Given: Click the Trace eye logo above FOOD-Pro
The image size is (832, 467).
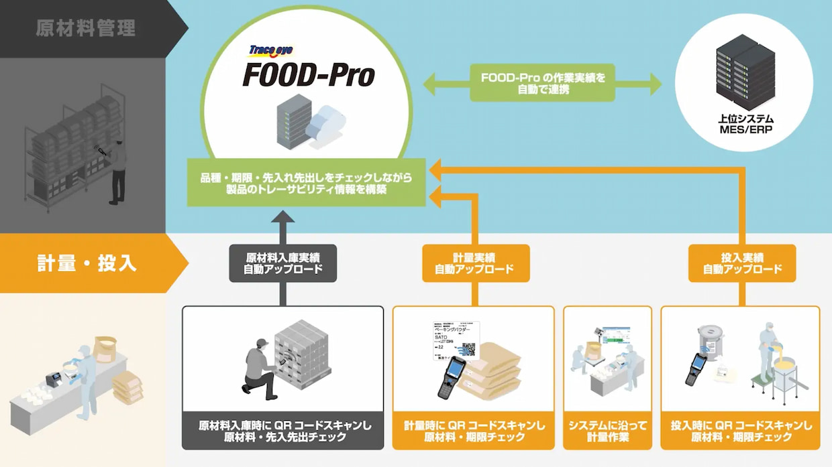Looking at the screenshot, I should click(271, 50).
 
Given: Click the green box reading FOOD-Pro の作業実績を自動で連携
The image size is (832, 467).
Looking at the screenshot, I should click(542, 83).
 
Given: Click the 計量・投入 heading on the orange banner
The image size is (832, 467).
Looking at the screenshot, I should click(87, 263).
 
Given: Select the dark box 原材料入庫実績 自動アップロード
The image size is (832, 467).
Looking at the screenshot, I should click(282, 263).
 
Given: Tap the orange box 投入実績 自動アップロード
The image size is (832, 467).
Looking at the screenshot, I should click(742, 263).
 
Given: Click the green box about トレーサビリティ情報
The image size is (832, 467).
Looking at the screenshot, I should click(306, 183).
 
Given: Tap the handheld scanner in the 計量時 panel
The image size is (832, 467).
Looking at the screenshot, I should click(454, 377).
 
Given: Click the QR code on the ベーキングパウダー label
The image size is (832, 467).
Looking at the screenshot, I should click(467, 349).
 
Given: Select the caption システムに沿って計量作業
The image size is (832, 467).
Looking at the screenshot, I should click(607, 431).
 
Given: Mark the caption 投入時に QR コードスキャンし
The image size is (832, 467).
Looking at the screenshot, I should click(741, 425).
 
